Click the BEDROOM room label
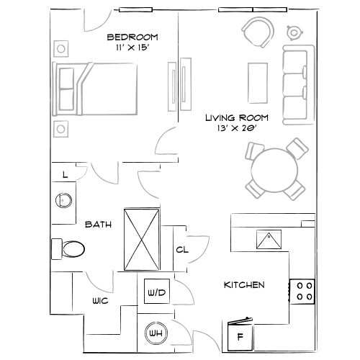point(132,37)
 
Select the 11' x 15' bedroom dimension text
point(132,49)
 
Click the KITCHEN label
point(244,285)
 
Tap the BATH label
point(98,225)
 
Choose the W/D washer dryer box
point(157,292)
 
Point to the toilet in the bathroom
point(69,249)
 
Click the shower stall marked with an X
point(142,239)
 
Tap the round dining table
point(274,170)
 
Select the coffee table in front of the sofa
point(258,81)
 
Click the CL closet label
point(182,250)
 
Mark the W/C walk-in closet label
point(99,301)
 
